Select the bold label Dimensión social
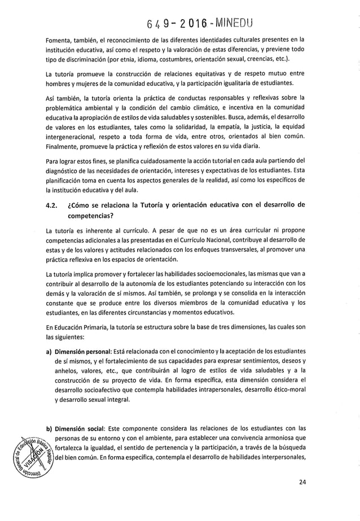coord(78,427)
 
